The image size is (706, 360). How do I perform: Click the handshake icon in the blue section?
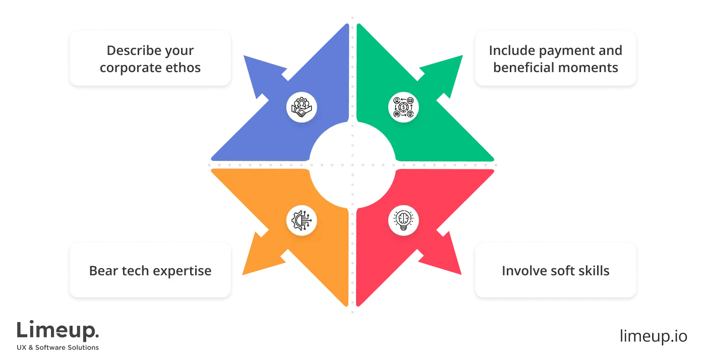[x=302, y=107]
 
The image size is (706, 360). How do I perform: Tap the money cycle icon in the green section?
[x=403, y=107]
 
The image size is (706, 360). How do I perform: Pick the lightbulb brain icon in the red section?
[x=403, y=220]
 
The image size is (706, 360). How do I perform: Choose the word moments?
[x=590, y=68]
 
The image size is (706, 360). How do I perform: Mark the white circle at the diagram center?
[x=352, y=165]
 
